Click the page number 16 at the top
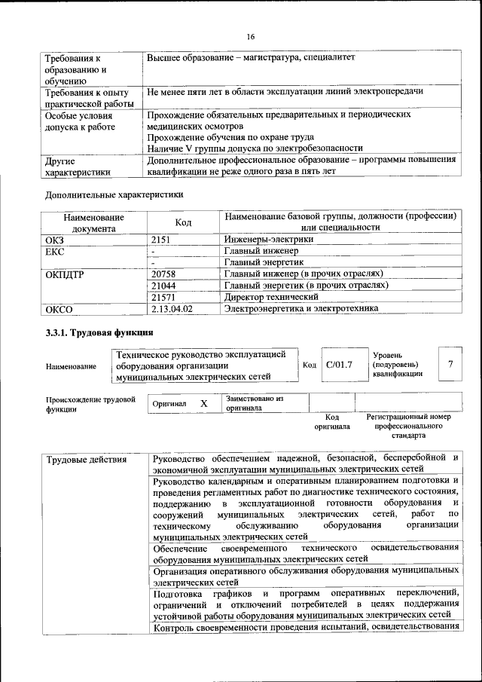point(251,36)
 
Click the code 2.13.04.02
point(172,309)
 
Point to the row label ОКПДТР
point(65,274)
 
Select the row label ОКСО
point(59,309)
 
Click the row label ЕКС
point(55,251)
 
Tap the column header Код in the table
point(184,222)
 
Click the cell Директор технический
point(271,298)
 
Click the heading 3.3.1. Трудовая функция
point(100,332)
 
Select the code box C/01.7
point(339,365)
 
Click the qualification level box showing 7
point(450,365)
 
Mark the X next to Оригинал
point(203,403)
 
